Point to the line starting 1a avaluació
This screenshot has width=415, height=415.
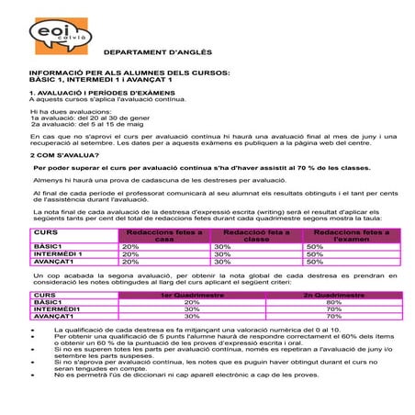(86, 118)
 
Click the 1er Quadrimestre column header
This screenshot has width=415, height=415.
(191, 296)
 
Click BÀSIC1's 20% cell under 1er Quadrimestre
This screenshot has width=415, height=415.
(191, 302)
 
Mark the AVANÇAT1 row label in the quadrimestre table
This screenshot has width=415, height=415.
(53, 316)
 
